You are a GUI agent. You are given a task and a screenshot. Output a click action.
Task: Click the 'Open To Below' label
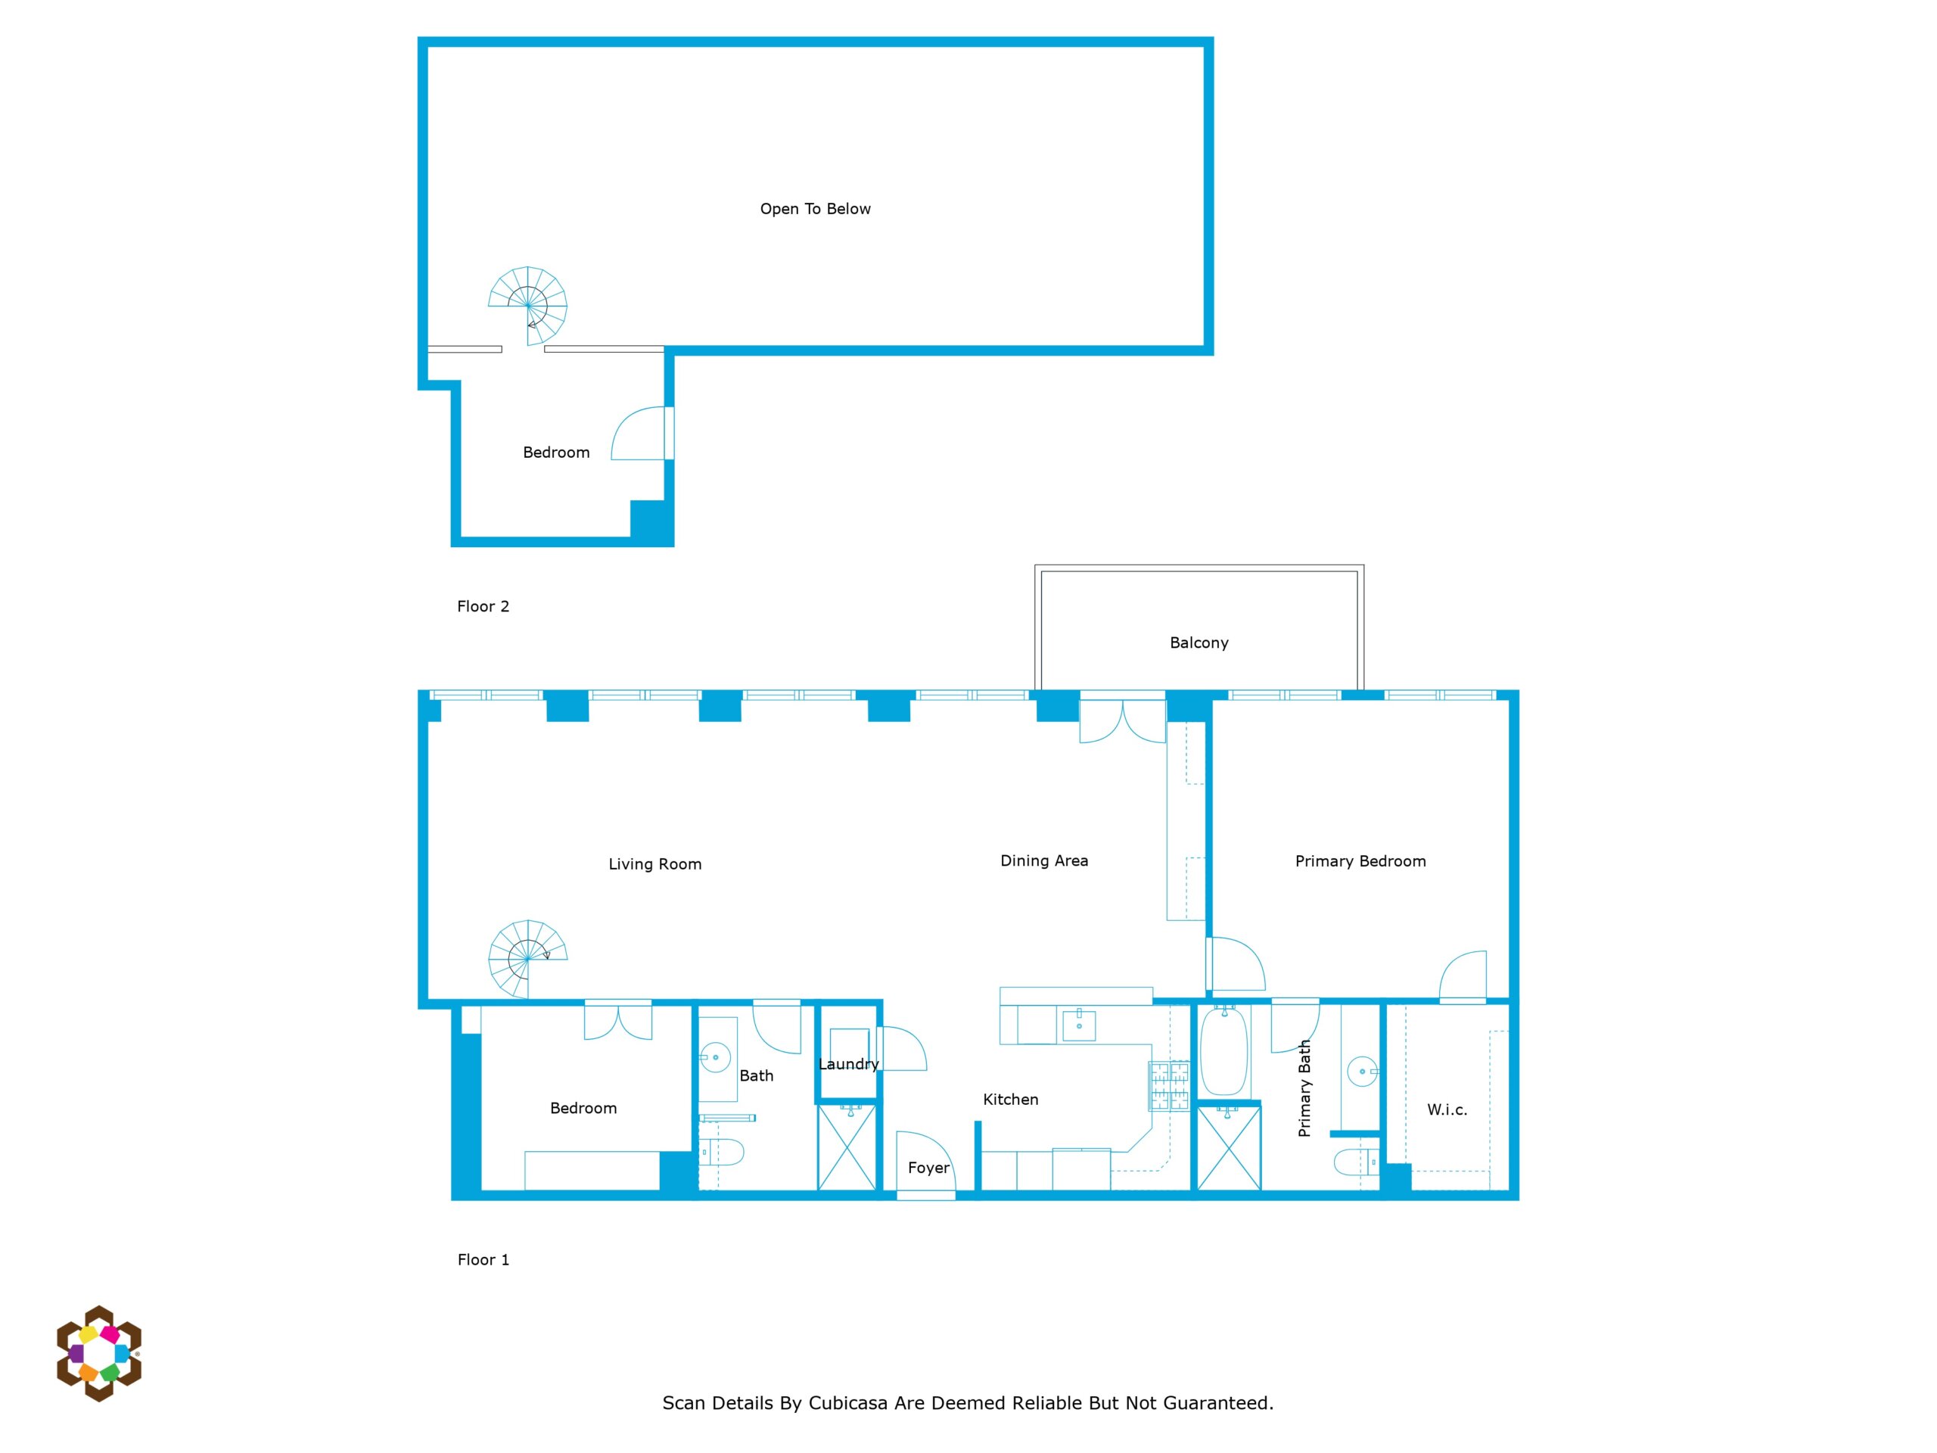point(814,208)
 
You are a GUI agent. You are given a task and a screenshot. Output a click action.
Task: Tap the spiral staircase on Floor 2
point(528,306)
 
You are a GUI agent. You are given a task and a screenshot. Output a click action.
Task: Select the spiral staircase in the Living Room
point(527,959)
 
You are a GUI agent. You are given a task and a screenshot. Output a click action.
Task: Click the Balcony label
point(1199,642)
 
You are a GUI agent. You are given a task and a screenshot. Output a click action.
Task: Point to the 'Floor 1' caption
point(483,1259)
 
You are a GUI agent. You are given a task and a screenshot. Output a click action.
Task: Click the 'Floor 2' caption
point(483,606)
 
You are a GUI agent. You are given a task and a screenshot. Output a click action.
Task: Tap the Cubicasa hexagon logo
point(99,1353)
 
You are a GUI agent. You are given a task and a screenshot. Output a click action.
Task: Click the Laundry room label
point(847,1064)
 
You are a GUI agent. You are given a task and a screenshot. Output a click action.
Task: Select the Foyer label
point(928,1168)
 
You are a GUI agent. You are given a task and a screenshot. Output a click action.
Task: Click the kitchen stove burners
point(1169,1086)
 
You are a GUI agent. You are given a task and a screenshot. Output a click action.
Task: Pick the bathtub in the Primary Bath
point(1223,1050)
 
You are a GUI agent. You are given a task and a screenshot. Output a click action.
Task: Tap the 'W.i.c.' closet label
point(1447,1109)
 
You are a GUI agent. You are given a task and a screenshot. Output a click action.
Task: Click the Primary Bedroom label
point(1360,861)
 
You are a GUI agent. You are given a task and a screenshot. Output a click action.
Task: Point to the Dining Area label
point(1044,861)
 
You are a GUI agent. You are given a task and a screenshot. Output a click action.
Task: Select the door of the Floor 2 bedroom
point(642,433)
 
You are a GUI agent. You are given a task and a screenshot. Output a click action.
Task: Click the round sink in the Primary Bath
point(1362,1071)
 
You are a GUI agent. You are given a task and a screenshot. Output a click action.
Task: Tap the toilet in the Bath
point(723,1152)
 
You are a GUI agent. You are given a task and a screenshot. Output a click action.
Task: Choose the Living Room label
point(655,864)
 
